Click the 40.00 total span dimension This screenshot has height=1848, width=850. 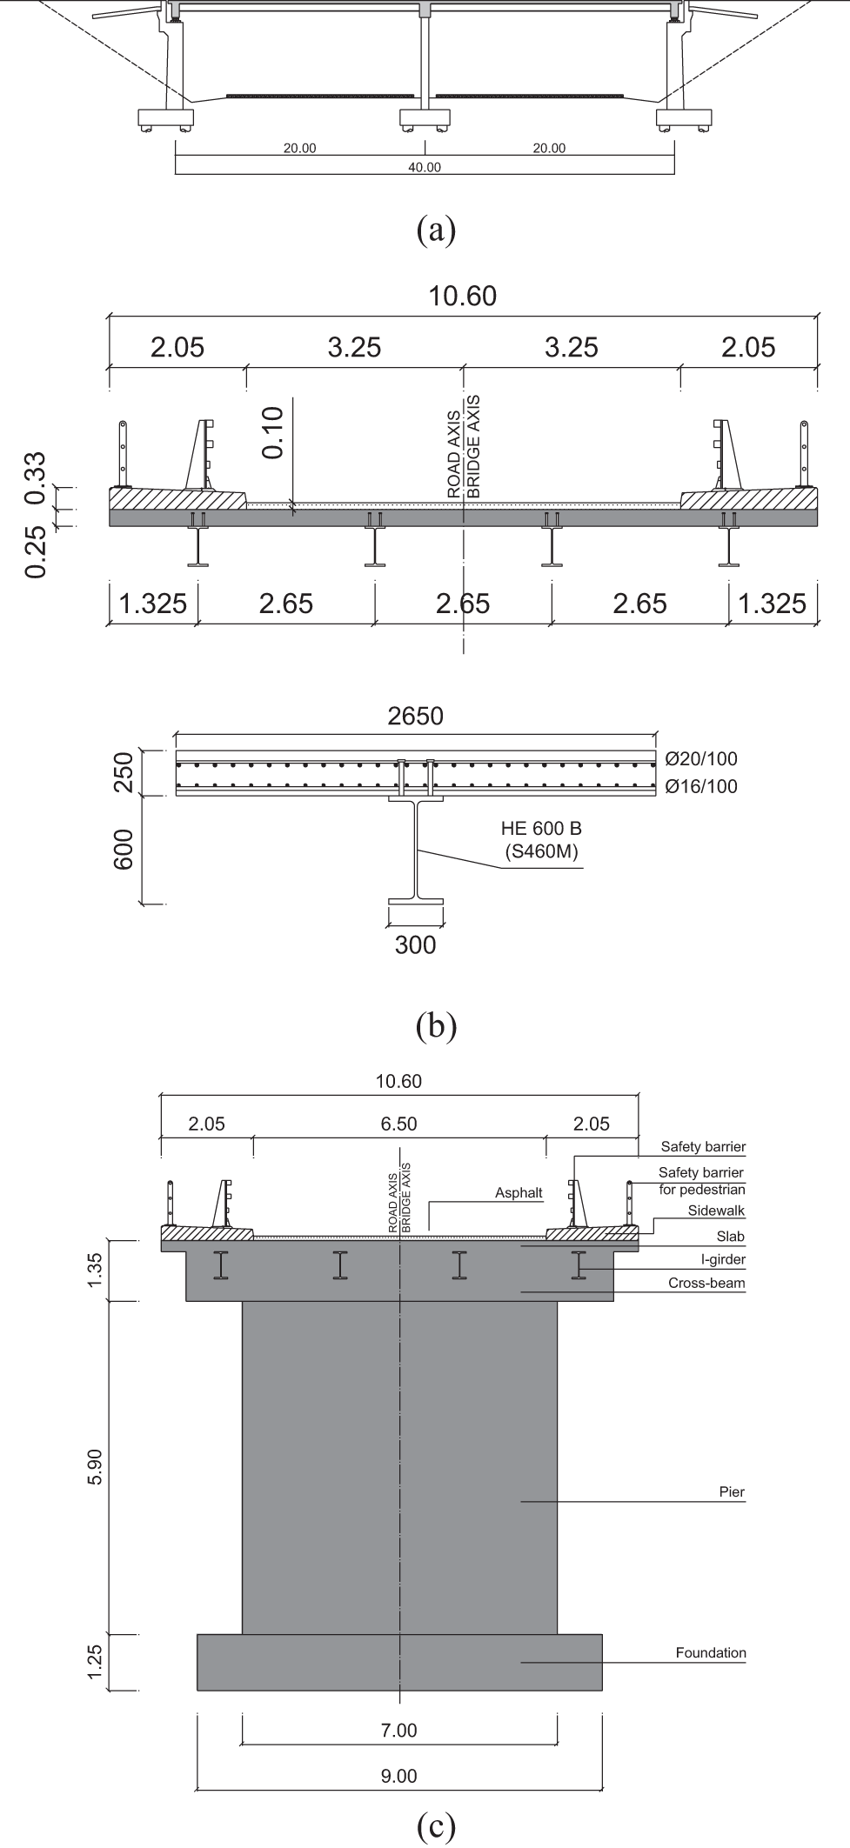[x=425, y=168]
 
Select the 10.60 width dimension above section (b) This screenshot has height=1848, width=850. [x=463, y=297]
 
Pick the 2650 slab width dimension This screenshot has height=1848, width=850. [x=415, y=716]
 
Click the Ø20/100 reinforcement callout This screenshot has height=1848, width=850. [x=700, y=759]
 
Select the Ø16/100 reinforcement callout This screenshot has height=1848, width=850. [x=700, y=786]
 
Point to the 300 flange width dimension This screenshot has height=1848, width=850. [x=415, y=944]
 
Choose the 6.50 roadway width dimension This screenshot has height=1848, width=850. [x=398, y=1124]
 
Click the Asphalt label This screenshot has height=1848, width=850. [x=519, y=1192]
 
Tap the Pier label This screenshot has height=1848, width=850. [x=733, y=1492]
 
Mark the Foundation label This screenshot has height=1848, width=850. [x=711, y=1652]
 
